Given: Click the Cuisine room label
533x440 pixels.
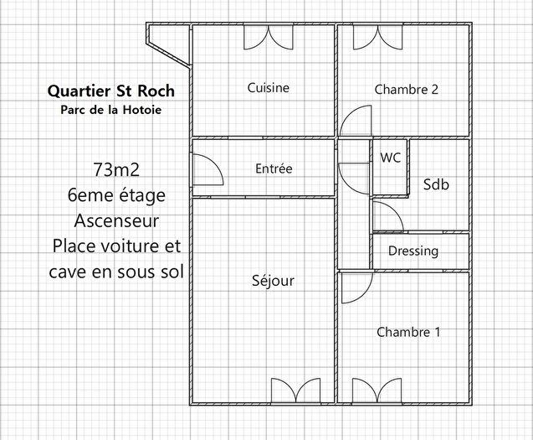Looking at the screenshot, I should coord(268,87).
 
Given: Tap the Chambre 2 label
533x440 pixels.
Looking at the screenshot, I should coord(407,89).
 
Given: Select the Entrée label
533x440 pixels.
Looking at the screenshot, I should coord(274,168).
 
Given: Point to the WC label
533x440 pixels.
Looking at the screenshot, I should coord(390,158).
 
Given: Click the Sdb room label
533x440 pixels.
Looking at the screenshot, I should coord(436,184).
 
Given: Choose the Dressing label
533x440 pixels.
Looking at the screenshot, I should coord(413,251).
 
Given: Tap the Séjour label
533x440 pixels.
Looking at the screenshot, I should coord(273,281).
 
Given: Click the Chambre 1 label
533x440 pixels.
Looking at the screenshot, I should coord(408,332).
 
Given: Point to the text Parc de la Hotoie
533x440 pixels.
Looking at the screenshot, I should coord(111,109).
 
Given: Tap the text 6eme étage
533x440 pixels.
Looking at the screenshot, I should coord(116,195).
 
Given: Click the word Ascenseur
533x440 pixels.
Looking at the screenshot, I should coord(116,221).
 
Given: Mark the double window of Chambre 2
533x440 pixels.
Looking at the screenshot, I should coord(372,37).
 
